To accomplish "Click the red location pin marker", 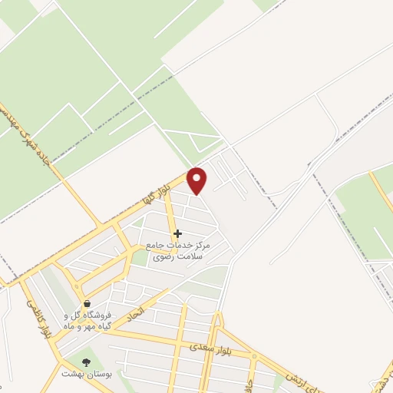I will tap(198, 180).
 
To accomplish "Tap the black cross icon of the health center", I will tap(177, 233).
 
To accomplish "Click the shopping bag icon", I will tap(87, 304).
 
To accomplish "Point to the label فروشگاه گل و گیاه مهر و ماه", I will tap(87, 320).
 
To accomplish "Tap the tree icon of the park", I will tap(84, 362).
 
